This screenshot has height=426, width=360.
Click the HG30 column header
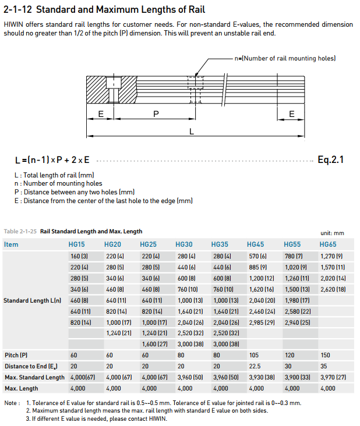pos(183,244)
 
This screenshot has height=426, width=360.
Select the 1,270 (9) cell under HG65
pos(333,256)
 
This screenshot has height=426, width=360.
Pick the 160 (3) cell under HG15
pos(79,256)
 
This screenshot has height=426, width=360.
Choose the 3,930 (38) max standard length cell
pos(262,377)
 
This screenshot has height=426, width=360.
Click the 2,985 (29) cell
pos(262,322)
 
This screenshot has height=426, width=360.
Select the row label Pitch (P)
pos(16,355)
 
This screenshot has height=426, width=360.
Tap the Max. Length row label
pos(22,388)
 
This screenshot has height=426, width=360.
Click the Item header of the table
pos(11,244)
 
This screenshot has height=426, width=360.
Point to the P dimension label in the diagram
pos(156,114)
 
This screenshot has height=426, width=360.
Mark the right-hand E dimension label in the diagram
pos(292,114)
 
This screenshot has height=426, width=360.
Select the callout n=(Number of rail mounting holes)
pos(285,58)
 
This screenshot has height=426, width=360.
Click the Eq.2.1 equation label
pos(330,159)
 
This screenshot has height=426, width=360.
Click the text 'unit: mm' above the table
pos(333,233)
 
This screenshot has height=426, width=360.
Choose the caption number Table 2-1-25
pos(20,232)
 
